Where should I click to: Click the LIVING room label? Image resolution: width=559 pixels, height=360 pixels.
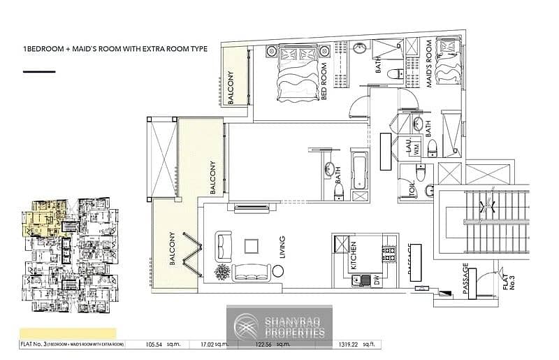tap(282, 249)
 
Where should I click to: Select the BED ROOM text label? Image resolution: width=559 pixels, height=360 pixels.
tap(324, 82)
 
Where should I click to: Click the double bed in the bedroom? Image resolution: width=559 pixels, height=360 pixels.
tap(299, 72)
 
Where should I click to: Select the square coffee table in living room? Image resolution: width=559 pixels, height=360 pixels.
tap(252, 246)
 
